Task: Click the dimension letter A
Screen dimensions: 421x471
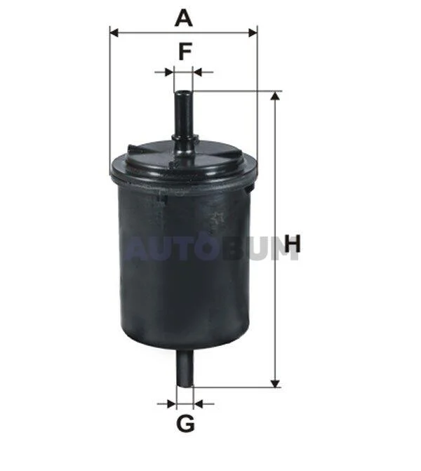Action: pyautogui.click(x=183, y=18)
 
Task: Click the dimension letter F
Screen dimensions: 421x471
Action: pyautogui.click(x=185, y=52)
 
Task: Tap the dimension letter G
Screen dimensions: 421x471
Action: pyautogui.click(x=185, y=423)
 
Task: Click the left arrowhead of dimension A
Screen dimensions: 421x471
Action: pyautogui.click(x=114, y=33)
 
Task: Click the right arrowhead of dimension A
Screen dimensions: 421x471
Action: pyautogui.click(x=253, y=33)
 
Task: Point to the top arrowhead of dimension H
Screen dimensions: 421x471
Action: pyautogui.click(x=275, y=96)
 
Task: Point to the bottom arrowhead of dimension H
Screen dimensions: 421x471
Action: pyautogui.click(x=275, y=383)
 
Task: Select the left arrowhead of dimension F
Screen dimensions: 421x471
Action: pyautogui.click(x=169, y=72)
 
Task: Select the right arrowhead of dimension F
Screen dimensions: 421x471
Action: pyautogui.click(x=197, y=72)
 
